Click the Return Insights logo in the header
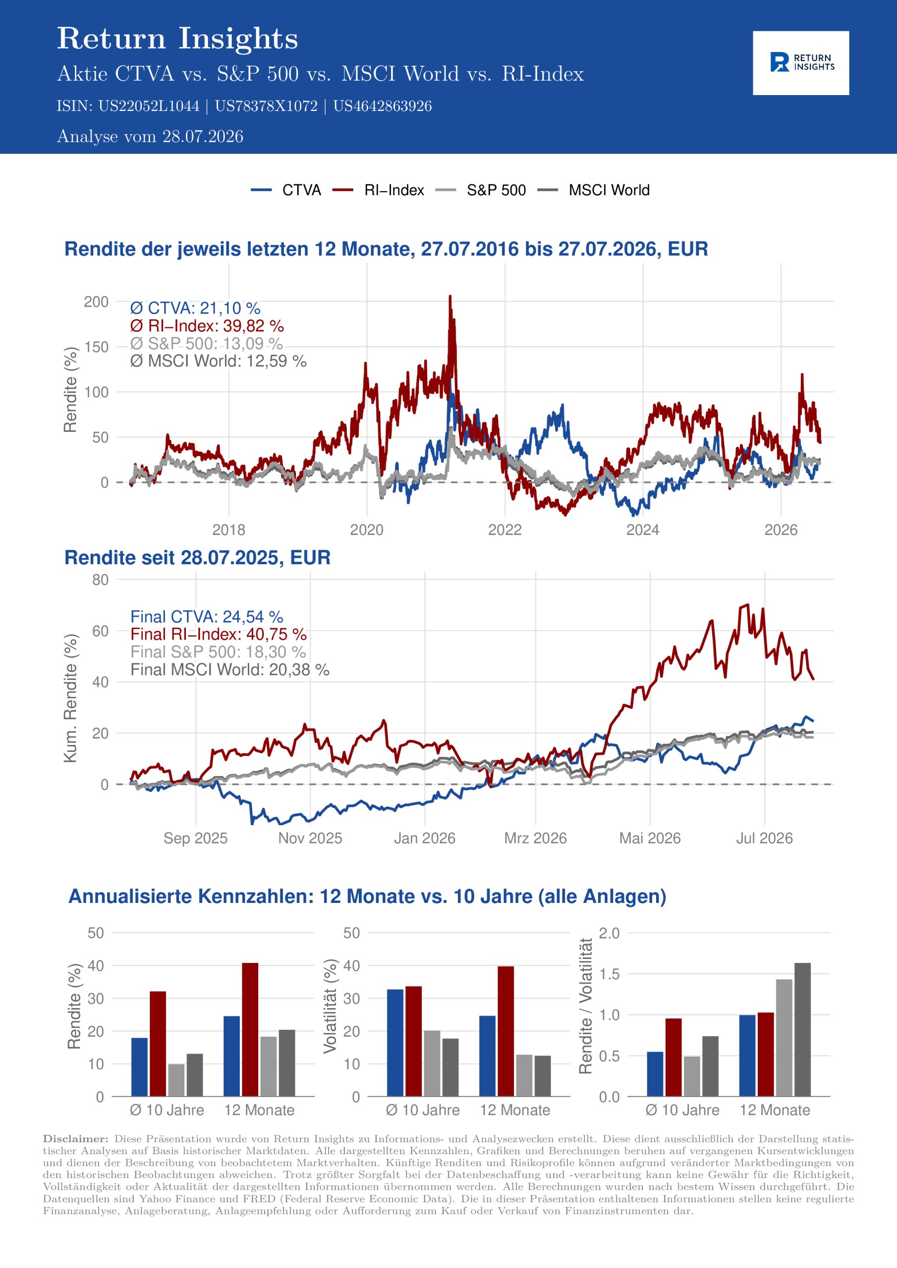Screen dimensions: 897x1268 801,62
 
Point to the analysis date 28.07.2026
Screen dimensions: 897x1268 202,136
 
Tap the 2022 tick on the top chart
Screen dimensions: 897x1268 505,529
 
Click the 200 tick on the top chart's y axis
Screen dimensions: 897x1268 96,302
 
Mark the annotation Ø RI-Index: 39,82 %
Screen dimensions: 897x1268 207,326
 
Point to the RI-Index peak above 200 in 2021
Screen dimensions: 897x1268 450,297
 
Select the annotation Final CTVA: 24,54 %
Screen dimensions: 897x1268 207,616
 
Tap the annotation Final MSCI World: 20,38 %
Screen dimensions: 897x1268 229,669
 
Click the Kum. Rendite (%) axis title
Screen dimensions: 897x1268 70,698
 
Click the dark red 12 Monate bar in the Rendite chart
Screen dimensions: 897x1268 250,1029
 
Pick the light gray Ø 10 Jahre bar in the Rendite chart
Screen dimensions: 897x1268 176,1080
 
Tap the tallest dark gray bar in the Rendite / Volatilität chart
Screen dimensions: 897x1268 802,1029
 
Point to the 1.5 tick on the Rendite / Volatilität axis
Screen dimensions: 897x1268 609,974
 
